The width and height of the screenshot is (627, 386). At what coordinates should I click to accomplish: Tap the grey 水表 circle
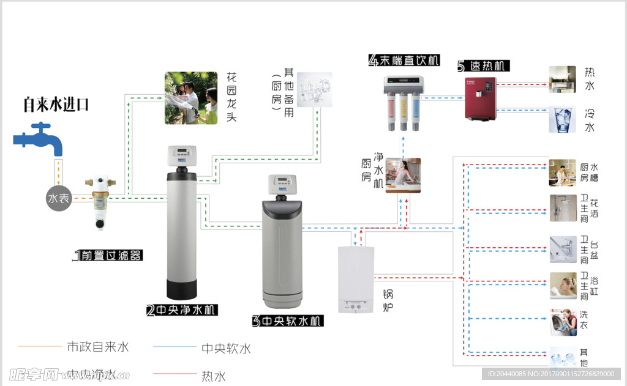pos(59,199)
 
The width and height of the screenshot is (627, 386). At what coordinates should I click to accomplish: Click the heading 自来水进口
pos(56,105)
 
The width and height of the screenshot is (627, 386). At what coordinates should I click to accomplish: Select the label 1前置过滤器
pos(108,255)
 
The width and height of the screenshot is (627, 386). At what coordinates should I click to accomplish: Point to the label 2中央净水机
pos(182,310)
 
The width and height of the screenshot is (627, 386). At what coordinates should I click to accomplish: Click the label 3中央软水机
pos(288,321)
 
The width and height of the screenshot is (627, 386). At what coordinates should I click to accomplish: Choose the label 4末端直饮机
pos(404,60)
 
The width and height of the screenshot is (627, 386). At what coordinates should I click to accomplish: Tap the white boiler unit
pos(356,280)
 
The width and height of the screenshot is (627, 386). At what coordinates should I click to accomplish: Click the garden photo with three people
pos(191,98)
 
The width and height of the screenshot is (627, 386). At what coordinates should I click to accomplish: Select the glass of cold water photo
pos(562,119)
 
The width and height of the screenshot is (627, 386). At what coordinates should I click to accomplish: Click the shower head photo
pos(563,208)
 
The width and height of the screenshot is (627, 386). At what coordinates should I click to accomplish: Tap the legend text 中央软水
pos(226,349)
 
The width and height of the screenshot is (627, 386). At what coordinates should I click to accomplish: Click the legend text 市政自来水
pos(98,347)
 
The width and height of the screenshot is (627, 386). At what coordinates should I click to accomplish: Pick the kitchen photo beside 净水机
pos(403,175)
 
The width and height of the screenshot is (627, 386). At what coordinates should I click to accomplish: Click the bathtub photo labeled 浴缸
pos(563,285)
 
